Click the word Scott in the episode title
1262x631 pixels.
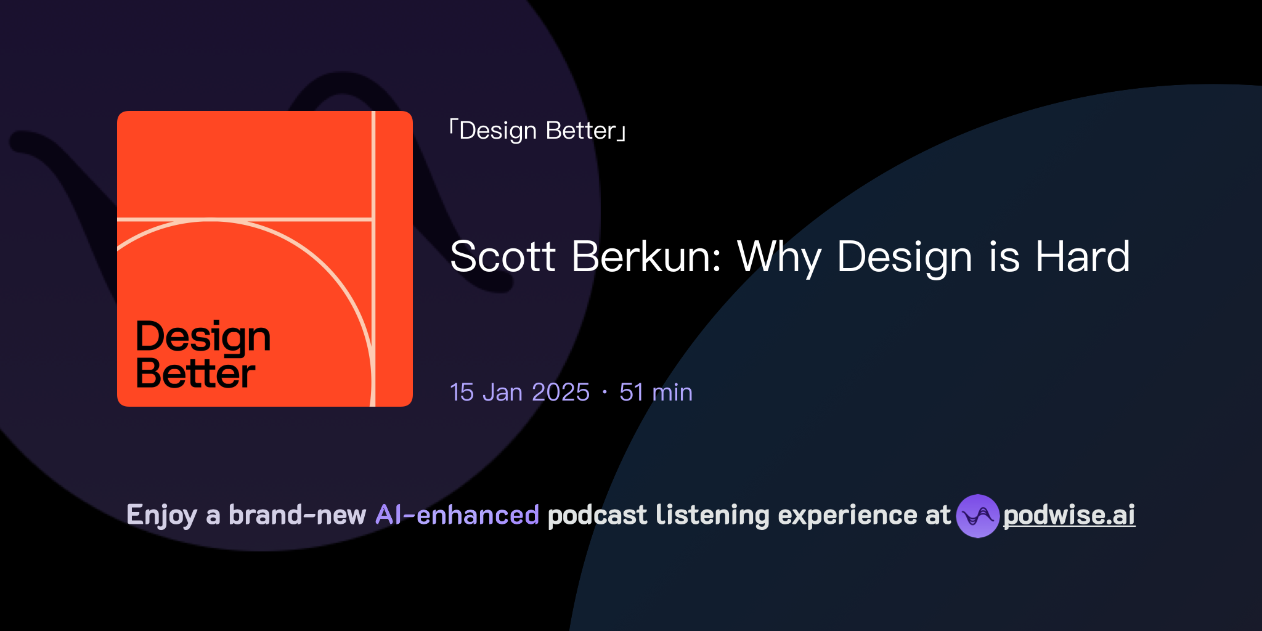point(502,256)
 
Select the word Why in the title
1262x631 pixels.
point(780,256)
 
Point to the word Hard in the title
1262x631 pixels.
point(1083,256)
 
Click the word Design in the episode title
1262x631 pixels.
point(905,258)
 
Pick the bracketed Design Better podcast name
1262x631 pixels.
point(537,131)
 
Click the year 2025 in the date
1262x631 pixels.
point(561,393)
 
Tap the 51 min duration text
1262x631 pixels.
point(656,393)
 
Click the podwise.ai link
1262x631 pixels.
point(1069,515)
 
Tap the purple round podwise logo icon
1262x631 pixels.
point(977,516)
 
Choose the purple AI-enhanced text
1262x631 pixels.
point(457,515)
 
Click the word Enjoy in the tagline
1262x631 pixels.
point(161,516)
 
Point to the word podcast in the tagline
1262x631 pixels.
point(597,515)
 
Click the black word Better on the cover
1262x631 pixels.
point(195,373)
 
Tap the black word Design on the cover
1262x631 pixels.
point(203,337)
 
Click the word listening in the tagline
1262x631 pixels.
point(712,516)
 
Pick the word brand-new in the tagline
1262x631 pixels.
point(297,515)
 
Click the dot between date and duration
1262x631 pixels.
point(605,393)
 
